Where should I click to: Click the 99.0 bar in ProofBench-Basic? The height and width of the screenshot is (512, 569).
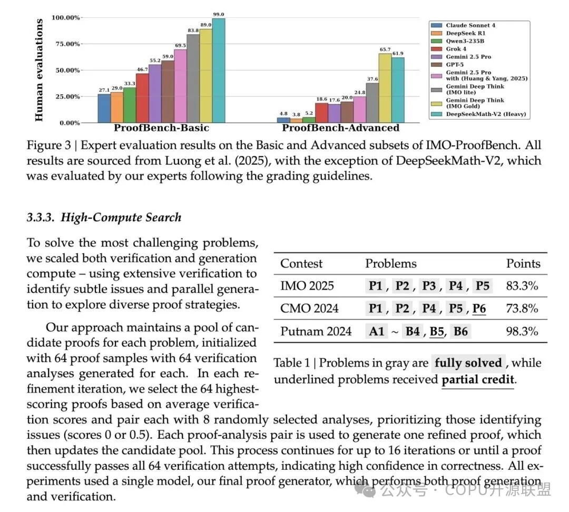[219, 71]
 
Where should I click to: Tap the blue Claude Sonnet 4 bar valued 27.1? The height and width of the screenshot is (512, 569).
[104, 109]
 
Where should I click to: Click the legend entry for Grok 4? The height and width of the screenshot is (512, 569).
[456, 49]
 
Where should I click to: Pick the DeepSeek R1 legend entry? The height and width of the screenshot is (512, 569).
[462, 33]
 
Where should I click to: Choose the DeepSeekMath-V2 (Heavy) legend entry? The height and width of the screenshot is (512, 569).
[485, 114]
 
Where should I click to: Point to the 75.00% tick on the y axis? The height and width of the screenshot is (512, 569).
[66, 44]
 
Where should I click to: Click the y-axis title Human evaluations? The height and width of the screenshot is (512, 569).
[40, 71]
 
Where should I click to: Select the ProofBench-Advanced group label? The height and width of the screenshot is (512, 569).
[341, 128]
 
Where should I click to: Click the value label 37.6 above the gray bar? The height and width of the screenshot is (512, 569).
[372, 78]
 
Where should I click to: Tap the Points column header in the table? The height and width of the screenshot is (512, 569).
[523, 263]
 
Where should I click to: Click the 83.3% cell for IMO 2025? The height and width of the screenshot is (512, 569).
[522, 286]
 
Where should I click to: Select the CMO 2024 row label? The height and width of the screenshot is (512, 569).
[309, 308]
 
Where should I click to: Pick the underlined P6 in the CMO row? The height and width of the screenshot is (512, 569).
[479, 308]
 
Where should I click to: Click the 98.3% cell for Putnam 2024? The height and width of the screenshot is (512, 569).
[522, 331]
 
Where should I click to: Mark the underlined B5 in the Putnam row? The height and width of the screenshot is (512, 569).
[437, 331]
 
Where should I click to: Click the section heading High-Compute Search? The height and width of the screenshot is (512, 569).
[104, 218]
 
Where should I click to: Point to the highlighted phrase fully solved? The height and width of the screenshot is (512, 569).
[468, 363]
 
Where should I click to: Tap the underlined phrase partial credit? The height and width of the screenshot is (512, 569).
[477, 380]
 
